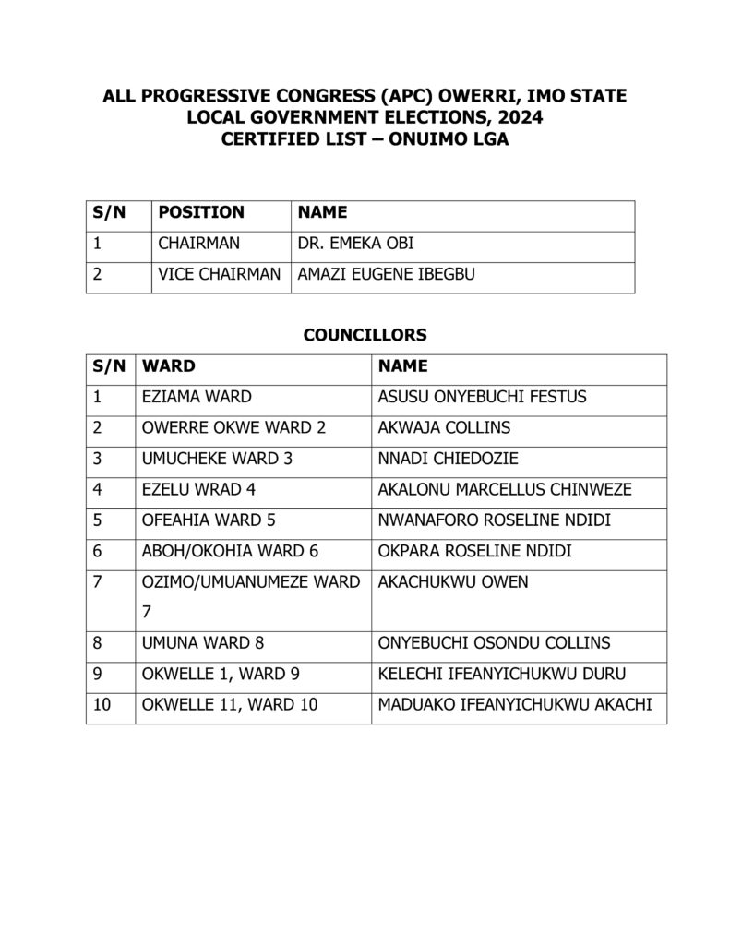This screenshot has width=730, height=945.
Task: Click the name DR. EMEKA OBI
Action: tap(357, 244)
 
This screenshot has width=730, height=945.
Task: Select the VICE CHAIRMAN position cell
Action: tap(220, 274)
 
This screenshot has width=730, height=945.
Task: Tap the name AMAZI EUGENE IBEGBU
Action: tap(386, 274)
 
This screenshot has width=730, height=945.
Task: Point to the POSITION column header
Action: tap(201, 212)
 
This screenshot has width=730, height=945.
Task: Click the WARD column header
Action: tap(169, 365)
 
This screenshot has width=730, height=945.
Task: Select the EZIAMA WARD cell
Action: tap(197, 397)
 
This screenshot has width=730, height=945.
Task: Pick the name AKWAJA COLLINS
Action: tap(444, 428)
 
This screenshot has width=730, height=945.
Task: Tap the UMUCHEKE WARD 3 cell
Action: tap(217, 459)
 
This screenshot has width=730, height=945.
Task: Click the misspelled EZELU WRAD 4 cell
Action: tap(204, 489)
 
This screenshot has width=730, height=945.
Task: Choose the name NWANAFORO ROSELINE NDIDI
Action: tap(495, 520)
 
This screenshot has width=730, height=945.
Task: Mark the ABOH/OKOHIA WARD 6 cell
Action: tap(231, 551)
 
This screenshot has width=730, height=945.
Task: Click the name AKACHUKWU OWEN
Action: tap(439, 582)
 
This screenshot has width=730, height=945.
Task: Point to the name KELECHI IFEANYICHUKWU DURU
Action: tap(495, 674)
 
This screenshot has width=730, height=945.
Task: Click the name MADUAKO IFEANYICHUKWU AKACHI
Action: tap(515, 705)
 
